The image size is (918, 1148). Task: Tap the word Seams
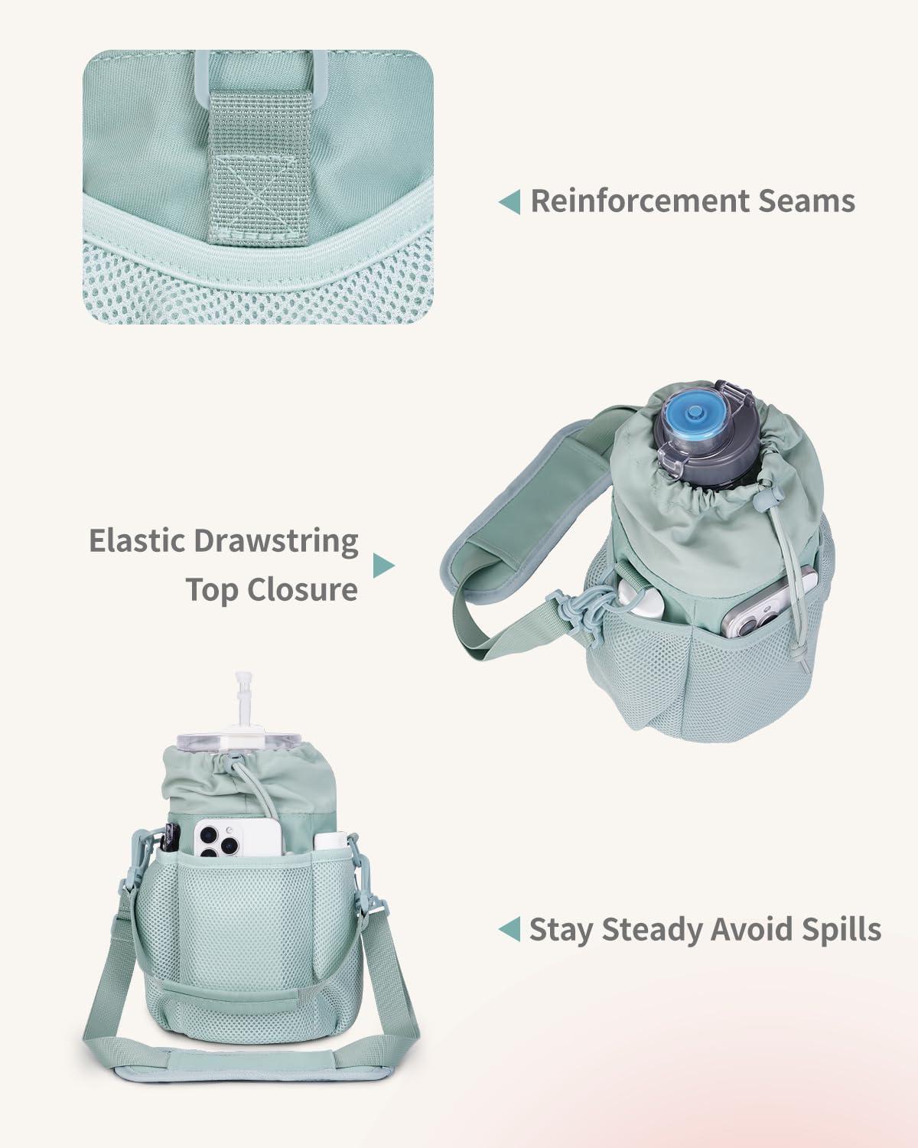(x=807, y=201)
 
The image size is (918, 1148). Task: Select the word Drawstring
(x=275, y=541)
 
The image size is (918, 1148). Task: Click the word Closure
(x=272, y=589)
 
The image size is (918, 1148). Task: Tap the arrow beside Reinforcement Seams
(x=509, y=201)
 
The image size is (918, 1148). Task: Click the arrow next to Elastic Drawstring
(x=384, y=566)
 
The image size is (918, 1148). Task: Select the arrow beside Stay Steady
(x=509, y=929)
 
